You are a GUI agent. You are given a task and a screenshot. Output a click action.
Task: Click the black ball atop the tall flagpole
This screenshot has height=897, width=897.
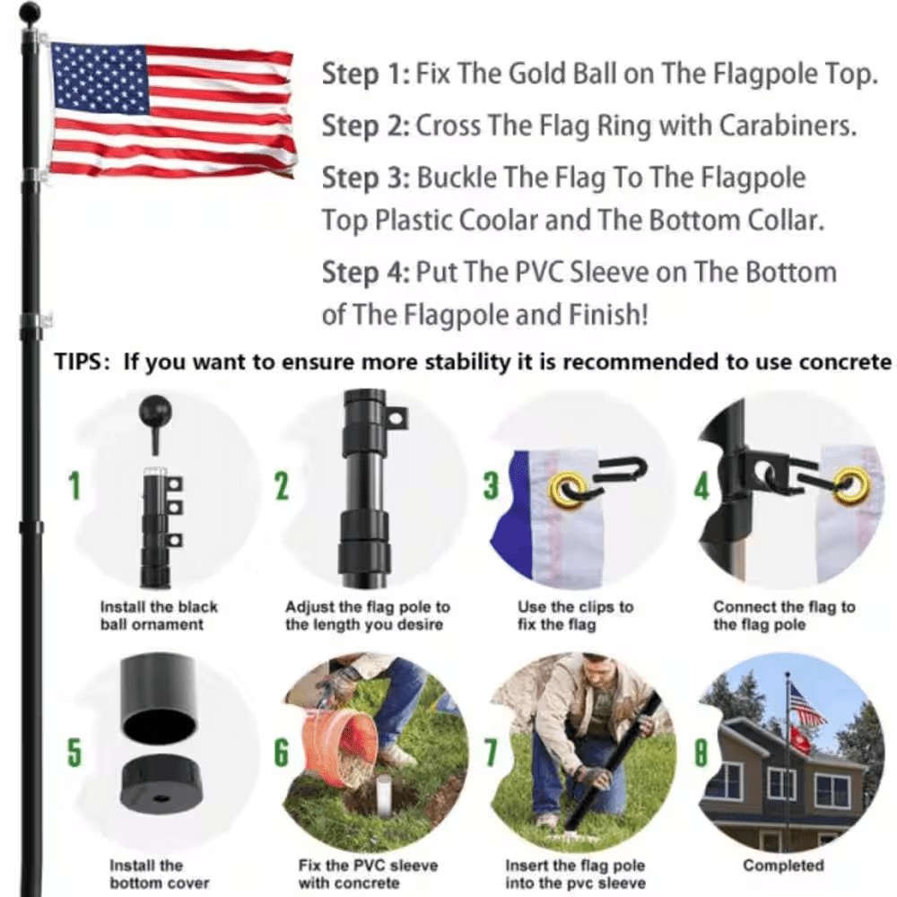[x=30, y=13]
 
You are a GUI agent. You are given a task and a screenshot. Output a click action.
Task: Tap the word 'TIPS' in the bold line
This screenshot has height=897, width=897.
[x=83, y=361]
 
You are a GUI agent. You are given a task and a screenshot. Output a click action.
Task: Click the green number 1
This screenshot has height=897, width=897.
[x=74, y=486]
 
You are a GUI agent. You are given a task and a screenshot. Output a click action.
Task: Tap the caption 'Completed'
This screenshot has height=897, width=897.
[x=783, y=865]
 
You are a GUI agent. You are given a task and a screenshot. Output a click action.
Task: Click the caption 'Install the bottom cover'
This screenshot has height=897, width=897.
[x=146, y=874]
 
